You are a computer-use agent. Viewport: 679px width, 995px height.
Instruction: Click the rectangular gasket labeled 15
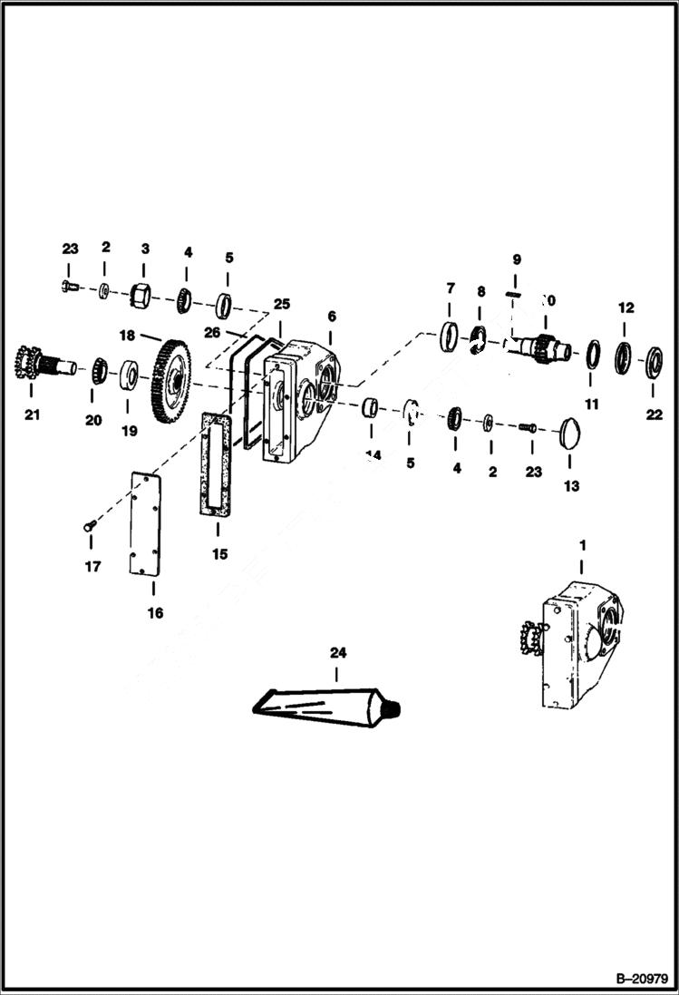(217, 464)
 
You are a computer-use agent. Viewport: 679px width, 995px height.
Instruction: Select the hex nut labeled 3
(141, 295)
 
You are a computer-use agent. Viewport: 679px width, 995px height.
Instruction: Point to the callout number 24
(336, 652)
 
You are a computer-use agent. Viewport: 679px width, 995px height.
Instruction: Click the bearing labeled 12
(624, 356)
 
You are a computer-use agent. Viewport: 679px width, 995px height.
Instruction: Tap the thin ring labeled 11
(591, 354)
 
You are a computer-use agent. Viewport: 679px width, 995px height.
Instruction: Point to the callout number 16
(155, 613)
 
